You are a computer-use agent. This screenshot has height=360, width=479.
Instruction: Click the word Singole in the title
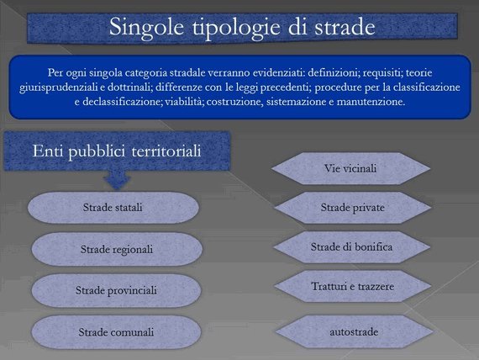pyautogui.click(x=146, y=28)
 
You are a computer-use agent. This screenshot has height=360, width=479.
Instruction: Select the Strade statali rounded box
pyautogui.click(x=113, y=208)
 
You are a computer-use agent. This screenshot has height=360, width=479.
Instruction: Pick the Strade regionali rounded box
pyautogui.click(x=117, y=249)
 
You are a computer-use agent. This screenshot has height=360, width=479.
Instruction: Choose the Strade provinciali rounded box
pyautogui.click(x=117, y=290)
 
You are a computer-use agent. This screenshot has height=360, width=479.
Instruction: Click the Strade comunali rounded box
pyautogui.click(x=117, y=332)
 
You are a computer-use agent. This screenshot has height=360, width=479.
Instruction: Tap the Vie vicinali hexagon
pyautogui.click(x=350, y=168)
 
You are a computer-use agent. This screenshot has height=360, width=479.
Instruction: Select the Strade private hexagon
pyautogui.click(x=353, y=208)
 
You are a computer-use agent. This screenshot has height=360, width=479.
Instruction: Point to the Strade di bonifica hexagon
pyautogui.click(x=352, y=247)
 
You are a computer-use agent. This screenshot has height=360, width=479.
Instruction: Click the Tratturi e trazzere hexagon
pyautogui.click(x=353, y=286)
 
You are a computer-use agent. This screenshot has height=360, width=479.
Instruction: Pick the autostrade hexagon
pyautogui.click(x=354, y=332)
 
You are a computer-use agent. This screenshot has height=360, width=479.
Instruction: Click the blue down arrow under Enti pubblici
pyautogui.click(x=117, y=179)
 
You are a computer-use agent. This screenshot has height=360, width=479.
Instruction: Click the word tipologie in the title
pyautogui.click(x=236, y=28)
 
